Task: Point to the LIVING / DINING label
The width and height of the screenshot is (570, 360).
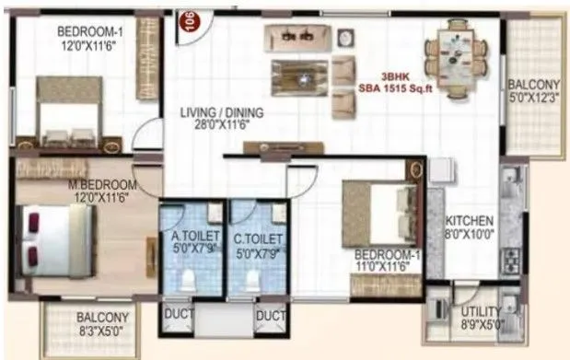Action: coord(221,112)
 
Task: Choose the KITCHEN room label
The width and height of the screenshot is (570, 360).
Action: coord(470,222)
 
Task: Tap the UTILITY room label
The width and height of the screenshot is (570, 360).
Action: coord(483,311)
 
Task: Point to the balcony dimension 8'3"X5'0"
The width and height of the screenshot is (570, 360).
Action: coord(102,330)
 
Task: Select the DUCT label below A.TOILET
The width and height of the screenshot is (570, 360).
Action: coord(177,315)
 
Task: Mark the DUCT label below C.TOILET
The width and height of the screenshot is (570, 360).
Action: coord(271,315)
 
